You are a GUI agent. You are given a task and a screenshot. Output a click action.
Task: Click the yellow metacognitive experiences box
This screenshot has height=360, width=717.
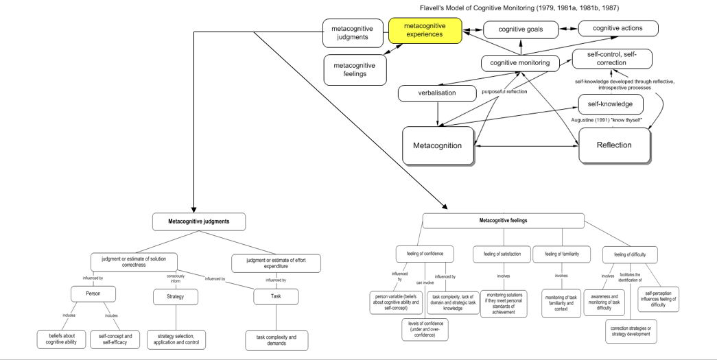[424, 31]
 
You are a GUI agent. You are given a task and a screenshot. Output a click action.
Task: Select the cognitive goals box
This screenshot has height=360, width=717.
[520, 29]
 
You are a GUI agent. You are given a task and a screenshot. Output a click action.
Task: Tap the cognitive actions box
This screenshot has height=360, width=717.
[618, 28]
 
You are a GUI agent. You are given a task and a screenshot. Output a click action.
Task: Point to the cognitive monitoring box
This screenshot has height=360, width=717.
[519, 62]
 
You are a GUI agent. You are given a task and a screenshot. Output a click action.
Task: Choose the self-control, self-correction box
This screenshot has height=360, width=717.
[611, 58]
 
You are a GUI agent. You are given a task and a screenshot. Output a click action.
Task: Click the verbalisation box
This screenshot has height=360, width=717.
[436, 93]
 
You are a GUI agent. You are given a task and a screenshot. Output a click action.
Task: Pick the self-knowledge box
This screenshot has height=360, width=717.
[611, 104]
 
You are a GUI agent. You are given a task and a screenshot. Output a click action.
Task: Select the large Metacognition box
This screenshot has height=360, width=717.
[437, 145]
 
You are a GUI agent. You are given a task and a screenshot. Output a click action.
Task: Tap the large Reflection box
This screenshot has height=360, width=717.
[614, 145]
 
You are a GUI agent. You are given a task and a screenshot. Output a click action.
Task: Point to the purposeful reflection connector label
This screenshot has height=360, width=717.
[504, 91]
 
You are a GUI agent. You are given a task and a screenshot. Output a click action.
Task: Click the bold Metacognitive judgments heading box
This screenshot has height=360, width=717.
[199, 221]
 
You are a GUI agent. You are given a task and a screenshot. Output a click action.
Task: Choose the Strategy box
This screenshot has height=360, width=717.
[174, 297]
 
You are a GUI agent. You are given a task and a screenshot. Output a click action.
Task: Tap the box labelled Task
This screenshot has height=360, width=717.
[276, 296]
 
